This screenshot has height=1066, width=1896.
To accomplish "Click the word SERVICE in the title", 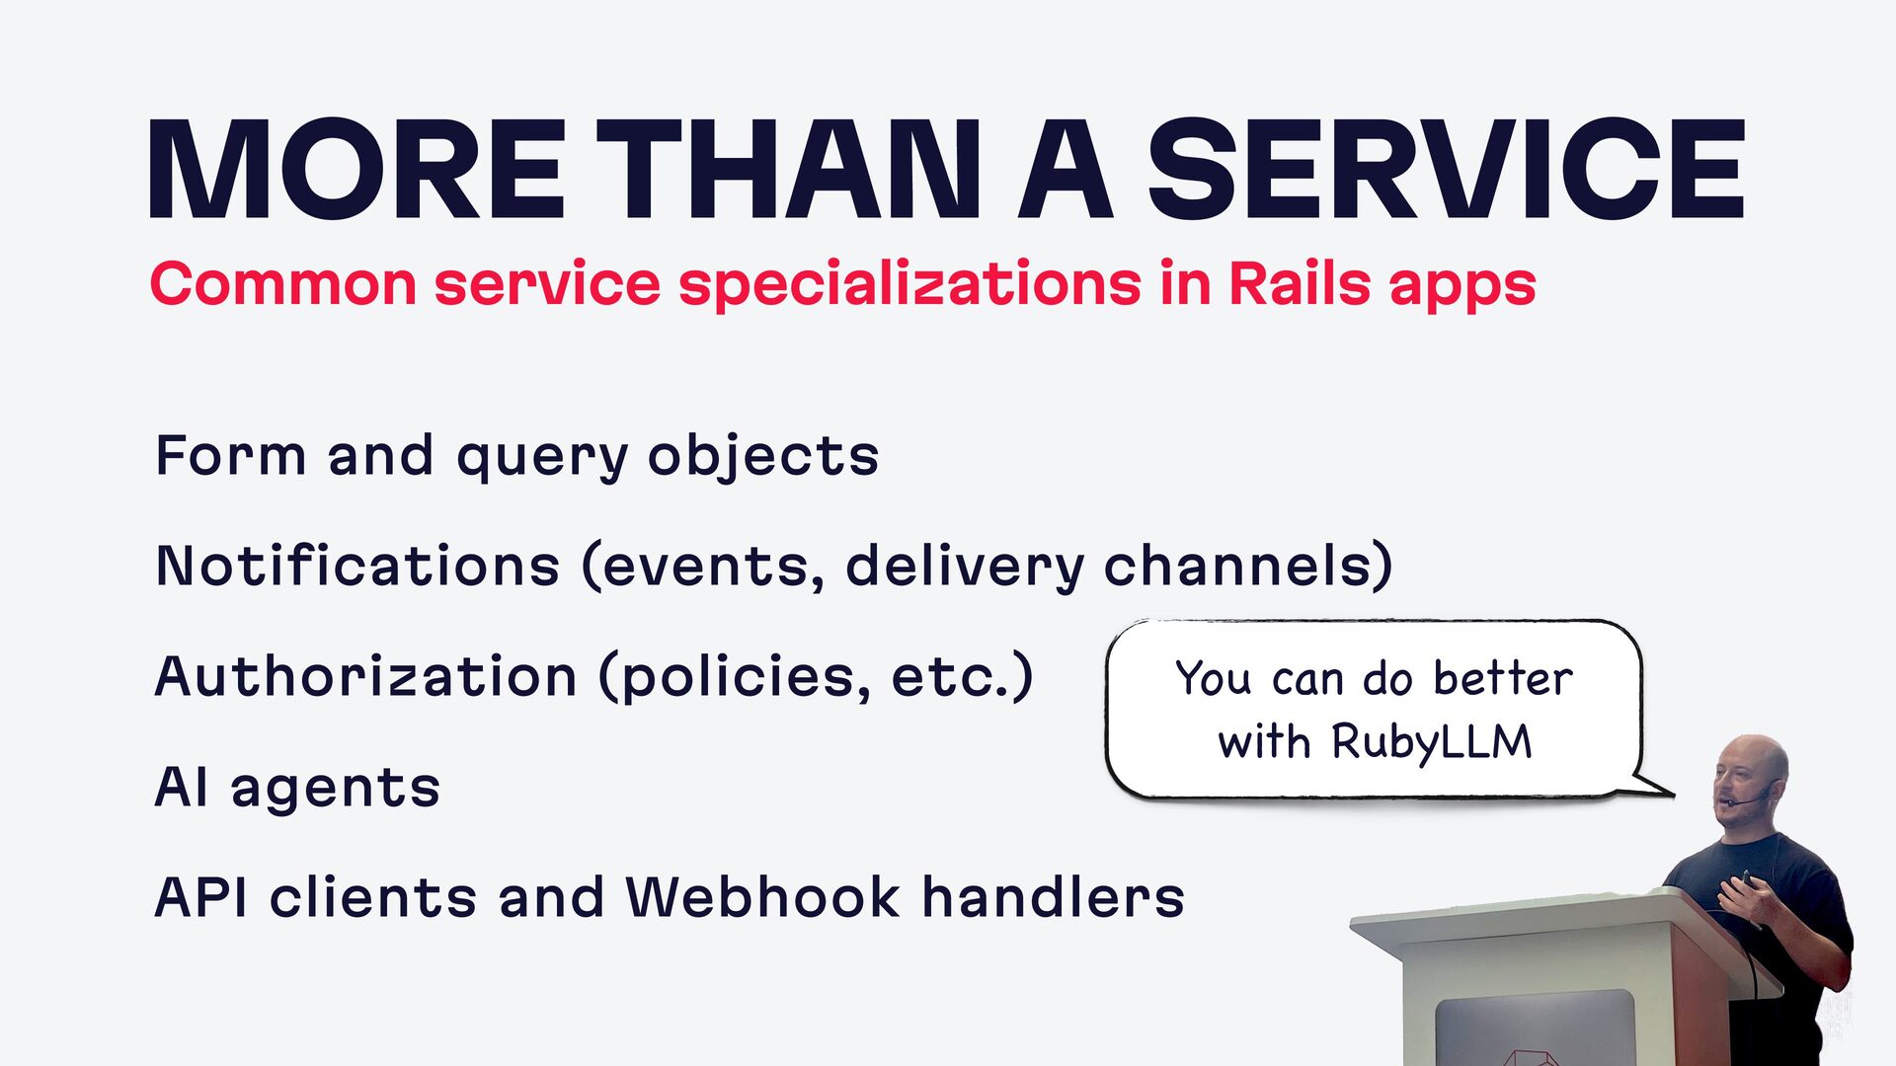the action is tap(1446, 169).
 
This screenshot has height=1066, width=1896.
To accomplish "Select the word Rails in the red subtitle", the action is tap(1300, 283).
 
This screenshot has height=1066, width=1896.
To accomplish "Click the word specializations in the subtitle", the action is tap(909, 285).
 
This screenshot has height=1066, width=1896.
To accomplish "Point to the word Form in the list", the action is tap(231, 456).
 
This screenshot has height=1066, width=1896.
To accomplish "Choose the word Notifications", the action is tap(357, 566).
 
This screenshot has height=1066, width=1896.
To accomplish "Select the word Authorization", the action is tap(366, 676).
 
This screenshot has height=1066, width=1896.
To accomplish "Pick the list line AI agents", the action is tap(297, 788).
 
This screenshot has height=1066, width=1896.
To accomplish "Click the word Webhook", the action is tap(762, 896).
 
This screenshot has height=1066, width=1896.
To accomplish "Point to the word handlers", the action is tap(1053, 896).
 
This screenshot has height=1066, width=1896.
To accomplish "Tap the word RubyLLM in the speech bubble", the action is tap(1432, 742).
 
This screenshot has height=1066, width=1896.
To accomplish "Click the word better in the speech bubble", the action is tap(1503, 678).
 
